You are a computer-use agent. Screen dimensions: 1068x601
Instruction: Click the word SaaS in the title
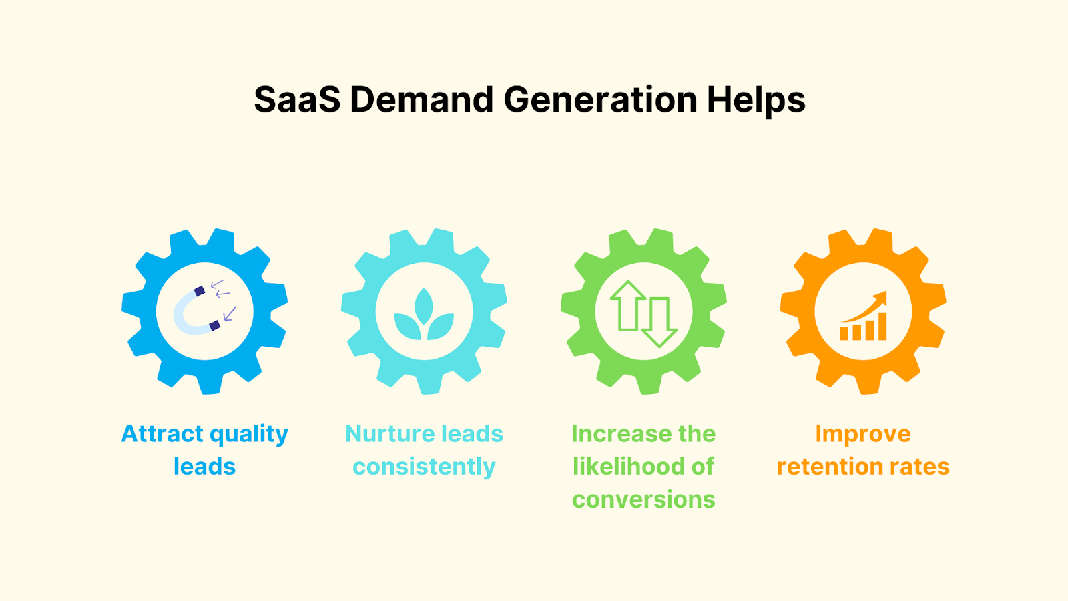[x=297, y=100]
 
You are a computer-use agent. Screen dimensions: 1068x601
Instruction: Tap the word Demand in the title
[x=421, y=100]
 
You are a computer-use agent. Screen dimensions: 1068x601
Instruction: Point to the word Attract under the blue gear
[x=162, y=434]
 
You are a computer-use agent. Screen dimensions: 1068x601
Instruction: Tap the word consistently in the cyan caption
[x=424, y=467]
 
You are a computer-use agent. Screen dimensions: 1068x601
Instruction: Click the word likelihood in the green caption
[x=629, y=467]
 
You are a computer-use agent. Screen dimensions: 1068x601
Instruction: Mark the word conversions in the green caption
[x=643, y=499]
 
